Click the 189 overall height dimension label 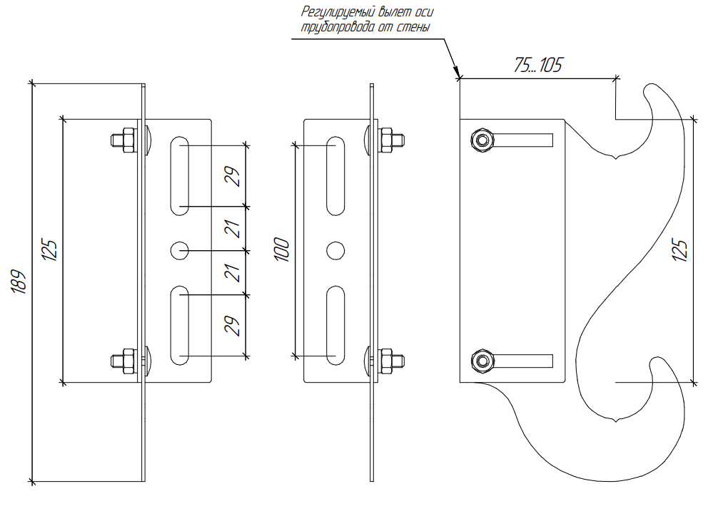pyautogui.click(x=19, y=282)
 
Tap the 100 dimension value pyautogui.click(x=282, y=249)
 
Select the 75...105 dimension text pyautogui.click(x=537, y=66)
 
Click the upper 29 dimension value pyautogui.click(x=232, y=176)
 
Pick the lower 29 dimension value pyautogui.click(x=232, y=326)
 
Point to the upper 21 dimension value pyautogui.click(x=232, y=229)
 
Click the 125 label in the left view pyautogui.click(x=50, y=250)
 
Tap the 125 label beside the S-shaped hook pyautogui.click(x=679, y=251)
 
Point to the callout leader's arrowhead pyautogui.click(x=457, y=73)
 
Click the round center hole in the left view pyautogui.click(x=180, y=250)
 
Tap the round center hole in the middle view pyautogui.click(x=335, y=250)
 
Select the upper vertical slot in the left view pyautogui.click(x=180, y=175)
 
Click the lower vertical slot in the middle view pyautogui.click(x=335, y=325)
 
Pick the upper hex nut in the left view pyautogui.click(x=128, y=140)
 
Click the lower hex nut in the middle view pyautogui.click(x=386, y=361)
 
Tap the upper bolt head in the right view pyautogui.click(x=482, y=140)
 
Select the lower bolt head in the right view pyautogui.click(x=482, y=361)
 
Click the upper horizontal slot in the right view pyautogui.click(x=523, y=140)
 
